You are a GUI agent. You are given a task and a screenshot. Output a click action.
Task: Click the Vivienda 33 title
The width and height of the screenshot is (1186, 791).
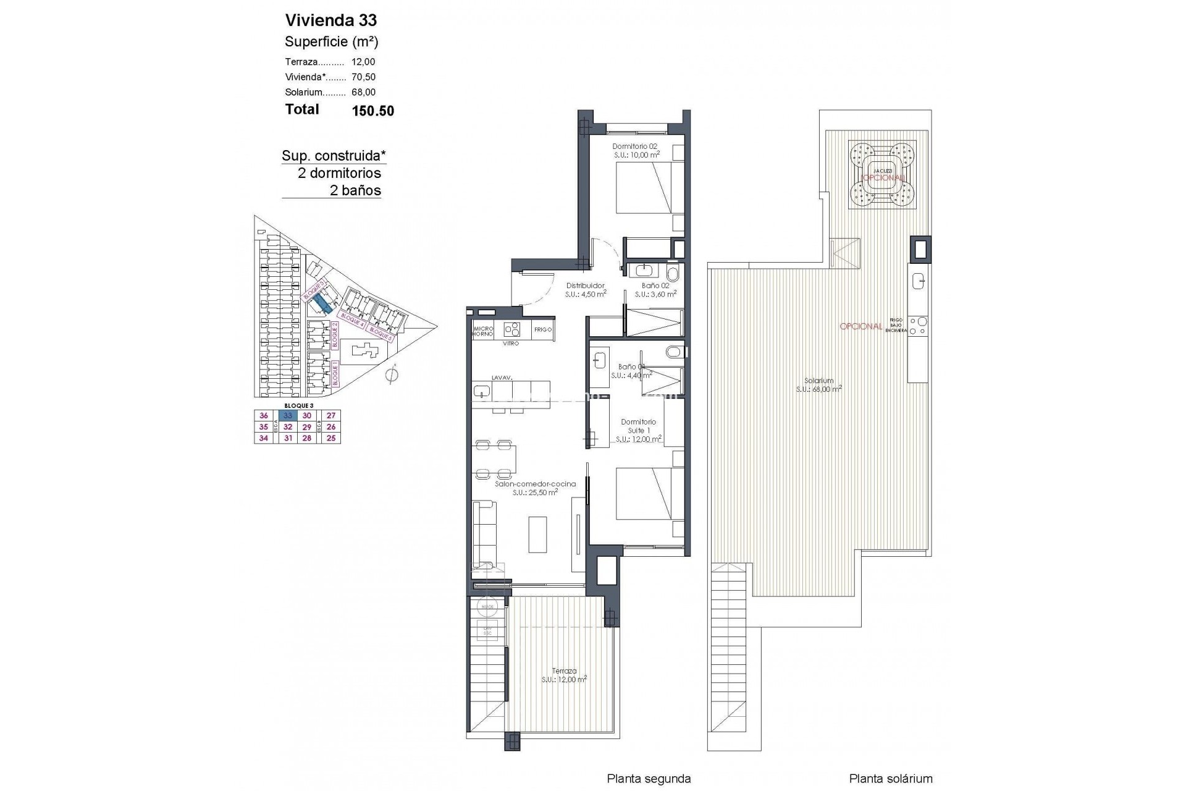point(330,20)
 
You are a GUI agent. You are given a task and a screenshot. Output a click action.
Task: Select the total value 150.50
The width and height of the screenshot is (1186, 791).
point(372,111)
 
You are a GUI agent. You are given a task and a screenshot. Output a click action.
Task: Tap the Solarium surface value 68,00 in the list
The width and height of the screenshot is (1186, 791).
point(363,93)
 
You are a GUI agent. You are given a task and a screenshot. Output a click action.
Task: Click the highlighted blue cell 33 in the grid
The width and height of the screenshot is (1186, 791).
point(288,416)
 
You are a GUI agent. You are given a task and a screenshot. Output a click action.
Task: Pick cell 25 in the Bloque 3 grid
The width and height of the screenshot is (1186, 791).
point(331,438)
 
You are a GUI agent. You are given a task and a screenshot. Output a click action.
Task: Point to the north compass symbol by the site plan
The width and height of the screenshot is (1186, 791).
point(390,375)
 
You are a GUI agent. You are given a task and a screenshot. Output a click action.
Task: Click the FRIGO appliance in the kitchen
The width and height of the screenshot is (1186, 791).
point(543,330)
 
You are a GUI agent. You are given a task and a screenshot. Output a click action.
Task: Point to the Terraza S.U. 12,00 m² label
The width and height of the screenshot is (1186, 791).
point(564,675)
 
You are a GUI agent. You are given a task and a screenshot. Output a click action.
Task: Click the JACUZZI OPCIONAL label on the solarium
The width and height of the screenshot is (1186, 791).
point(882,174)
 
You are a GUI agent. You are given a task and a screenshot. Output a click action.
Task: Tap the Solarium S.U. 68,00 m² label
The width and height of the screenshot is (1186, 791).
point(818,385)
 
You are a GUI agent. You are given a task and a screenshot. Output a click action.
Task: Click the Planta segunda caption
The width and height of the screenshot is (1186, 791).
point(649,779)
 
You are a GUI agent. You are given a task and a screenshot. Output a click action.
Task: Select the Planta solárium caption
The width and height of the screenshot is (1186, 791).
point(891,779)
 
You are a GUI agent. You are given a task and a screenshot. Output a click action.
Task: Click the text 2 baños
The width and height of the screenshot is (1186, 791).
point(355,190)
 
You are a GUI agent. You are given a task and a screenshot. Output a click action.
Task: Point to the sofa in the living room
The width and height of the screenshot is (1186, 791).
point(484,534)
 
